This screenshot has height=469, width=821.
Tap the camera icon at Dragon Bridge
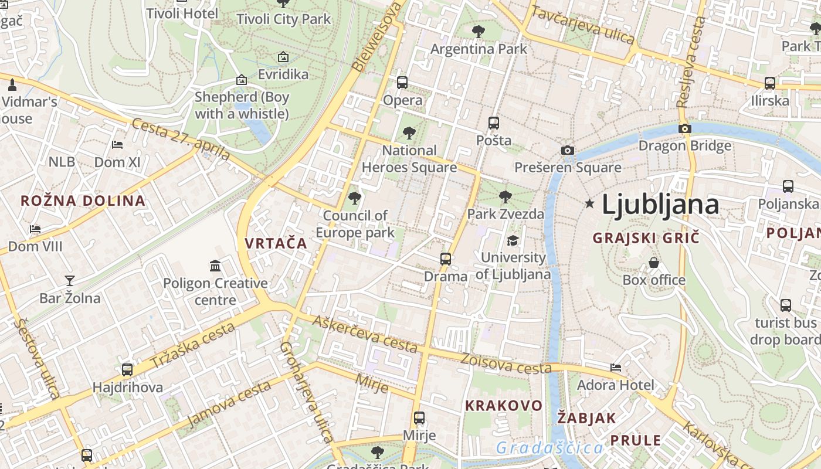[x=684, y=128]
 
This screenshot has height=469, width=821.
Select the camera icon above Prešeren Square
[x=567, y=150]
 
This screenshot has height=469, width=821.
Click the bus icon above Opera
[x=402, y=82]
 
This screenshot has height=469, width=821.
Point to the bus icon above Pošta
[x=494, y=123]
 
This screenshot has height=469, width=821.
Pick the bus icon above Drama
[x=446, y=259]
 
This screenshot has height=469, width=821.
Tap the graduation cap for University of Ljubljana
[x=513, y=240]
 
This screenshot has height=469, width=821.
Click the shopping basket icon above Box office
[x=654, y=263]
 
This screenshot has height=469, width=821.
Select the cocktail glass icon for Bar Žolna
[x=70, y=281]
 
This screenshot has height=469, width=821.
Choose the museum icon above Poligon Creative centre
[x=215, y=266]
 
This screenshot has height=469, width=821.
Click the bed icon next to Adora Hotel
[x=616, y=368]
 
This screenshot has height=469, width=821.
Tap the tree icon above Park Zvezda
[x=505, y=197]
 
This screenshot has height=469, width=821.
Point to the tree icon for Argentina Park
[x=479, y=32]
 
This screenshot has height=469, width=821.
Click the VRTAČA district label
[x=276, y=243]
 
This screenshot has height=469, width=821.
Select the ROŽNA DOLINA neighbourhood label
[x=83, y=200]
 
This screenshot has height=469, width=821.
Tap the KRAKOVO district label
[x=504, y=406]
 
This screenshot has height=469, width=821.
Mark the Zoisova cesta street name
[x=506, y=363]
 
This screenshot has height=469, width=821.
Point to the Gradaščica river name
[x=549, y=448]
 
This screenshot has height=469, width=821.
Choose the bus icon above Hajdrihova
[x=127, y=370]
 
